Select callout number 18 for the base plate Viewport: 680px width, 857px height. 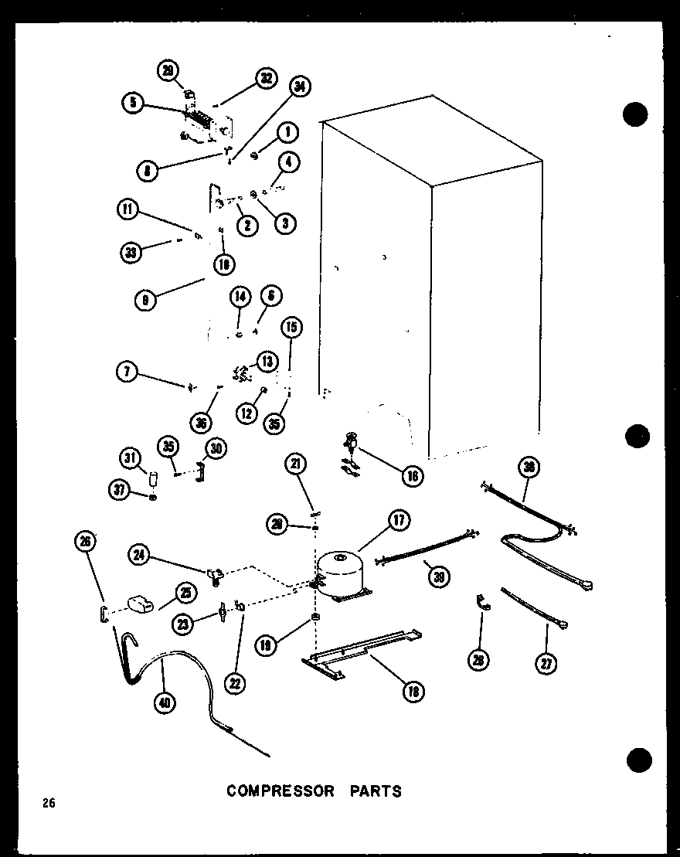(x=413, y=691)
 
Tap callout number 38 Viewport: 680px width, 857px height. (x=530, y=467)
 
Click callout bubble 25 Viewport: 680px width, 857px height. (x=185, y=593)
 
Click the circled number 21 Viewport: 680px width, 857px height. (x=296, y=464)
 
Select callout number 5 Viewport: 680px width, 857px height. (x=132, y=103)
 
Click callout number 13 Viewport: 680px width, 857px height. (x=267, y=362)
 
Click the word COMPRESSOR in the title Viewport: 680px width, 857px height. (x=280, y=791)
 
